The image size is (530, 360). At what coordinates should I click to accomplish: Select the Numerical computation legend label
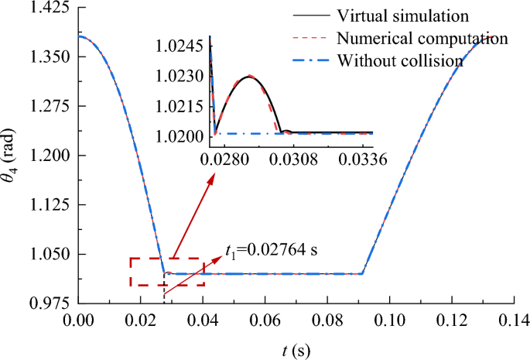(x=422, y=38)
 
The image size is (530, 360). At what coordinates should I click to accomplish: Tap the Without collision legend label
(x=401, y=60)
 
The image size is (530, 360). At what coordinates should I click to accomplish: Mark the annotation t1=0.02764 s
(x=272, y=250)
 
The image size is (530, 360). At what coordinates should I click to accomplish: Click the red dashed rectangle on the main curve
(x=166, y=272)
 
